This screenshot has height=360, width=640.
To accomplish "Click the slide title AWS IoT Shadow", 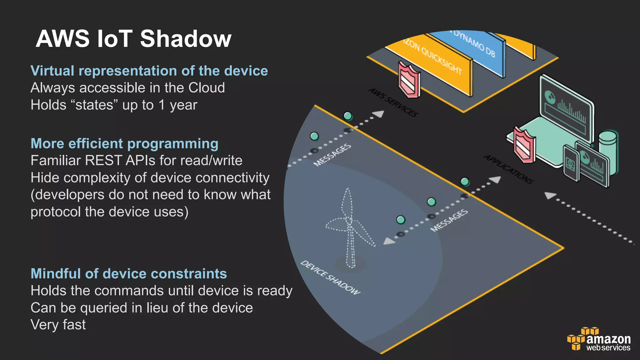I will pos(133,39).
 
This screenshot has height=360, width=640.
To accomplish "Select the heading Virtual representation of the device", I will pos(149,71).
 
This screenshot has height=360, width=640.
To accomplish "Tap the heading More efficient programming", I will pos(124,144).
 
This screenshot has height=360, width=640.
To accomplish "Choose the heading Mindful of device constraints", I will pos(129,274).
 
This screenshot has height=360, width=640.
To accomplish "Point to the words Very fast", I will pos(58,325).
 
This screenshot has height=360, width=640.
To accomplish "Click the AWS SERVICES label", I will pos(393,102).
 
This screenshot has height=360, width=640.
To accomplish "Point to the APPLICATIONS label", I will pos(509,169).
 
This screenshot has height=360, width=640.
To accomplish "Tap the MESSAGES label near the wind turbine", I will pos(449,221).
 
